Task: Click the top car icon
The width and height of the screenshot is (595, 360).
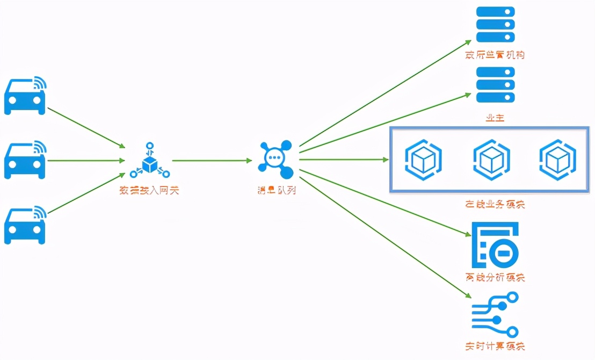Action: (x=25, y=97)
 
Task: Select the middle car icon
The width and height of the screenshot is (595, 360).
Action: (x=25, y=160)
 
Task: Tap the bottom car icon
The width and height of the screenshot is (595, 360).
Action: (x=25, y=226)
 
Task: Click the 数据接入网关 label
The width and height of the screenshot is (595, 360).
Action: (x=149, y=190)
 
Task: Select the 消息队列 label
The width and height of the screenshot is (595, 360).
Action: (x=275, y=190)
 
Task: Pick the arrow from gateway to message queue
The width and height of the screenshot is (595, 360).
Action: (x=212, y=160)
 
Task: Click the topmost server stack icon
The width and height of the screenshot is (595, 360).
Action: (x=495, y=25)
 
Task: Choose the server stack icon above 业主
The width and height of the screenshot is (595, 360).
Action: (x=495, y=85)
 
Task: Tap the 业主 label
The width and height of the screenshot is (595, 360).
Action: (x=495, y=118)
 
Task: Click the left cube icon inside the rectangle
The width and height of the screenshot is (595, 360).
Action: (x=423, y=159)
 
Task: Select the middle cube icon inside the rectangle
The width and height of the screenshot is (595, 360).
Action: (x=491, y=159)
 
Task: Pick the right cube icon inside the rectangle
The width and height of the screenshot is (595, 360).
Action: (x=557, y=159)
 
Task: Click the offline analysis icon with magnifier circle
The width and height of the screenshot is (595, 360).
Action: (x=495, y=245)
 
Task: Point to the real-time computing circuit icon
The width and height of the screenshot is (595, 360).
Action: (x=495, y=314)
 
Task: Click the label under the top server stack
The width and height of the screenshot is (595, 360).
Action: (x=495, y=55)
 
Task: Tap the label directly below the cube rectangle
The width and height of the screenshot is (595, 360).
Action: (x=495, y=204)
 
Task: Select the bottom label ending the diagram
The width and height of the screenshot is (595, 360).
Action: (x=495, y=346)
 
